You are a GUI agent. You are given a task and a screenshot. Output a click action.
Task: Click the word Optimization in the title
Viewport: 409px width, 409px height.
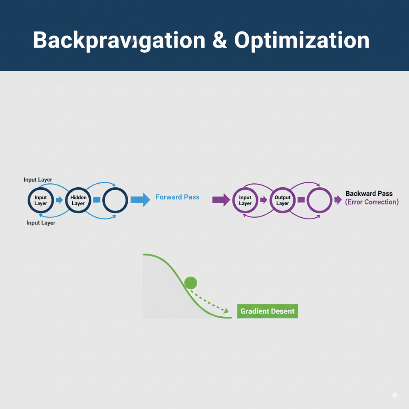[x=302, y=41]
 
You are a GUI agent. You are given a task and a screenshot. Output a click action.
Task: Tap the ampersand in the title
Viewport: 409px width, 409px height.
[x=219, y=40]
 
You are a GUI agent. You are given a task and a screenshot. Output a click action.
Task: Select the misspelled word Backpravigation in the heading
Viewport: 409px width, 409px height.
[x=119, y=41]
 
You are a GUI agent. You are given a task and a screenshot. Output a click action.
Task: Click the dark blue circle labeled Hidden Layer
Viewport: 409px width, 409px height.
[x=78, y=200]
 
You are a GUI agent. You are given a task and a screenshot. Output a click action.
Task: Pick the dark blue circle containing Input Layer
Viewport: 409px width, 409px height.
[x=41, y=200]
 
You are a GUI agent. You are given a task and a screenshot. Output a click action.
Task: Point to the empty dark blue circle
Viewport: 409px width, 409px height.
[x=115, y=200]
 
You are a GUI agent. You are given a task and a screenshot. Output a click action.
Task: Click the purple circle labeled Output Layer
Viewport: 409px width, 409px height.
[x=282, y=200]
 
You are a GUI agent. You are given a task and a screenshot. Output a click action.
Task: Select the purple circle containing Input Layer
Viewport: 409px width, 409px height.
[x=245, y=200]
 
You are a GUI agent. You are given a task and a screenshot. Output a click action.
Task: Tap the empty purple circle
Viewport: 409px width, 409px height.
[x=319, y=200]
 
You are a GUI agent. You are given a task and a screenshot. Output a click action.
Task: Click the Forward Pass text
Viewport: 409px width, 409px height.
[x=177, y=197]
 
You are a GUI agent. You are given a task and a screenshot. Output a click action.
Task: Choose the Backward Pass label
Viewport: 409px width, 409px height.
[x=369, y=193]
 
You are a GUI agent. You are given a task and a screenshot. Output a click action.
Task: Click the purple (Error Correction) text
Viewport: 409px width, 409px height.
[x=371, y=202]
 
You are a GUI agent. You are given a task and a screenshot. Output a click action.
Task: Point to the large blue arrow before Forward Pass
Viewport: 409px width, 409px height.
[x=140, y=199]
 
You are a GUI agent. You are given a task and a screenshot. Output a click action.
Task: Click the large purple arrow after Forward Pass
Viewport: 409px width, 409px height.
[x=221, y=199]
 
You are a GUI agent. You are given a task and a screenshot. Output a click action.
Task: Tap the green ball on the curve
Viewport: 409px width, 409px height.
[x=191, y=283]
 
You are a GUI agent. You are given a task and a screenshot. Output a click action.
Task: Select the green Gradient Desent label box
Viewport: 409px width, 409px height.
[x=267, y=311]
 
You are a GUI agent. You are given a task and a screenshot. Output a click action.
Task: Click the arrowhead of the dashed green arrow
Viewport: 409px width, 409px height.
[x=226, y=310]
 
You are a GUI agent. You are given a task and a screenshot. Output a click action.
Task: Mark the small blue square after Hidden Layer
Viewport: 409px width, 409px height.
[x=97, y=200]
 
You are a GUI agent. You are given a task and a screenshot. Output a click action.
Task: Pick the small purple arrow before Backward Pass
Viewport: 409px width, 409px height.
[x=338, y=200]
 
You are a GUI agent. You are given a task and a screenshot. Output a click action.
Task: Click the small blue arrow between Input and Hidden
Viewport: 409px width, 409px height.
[x=59, y=200]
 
